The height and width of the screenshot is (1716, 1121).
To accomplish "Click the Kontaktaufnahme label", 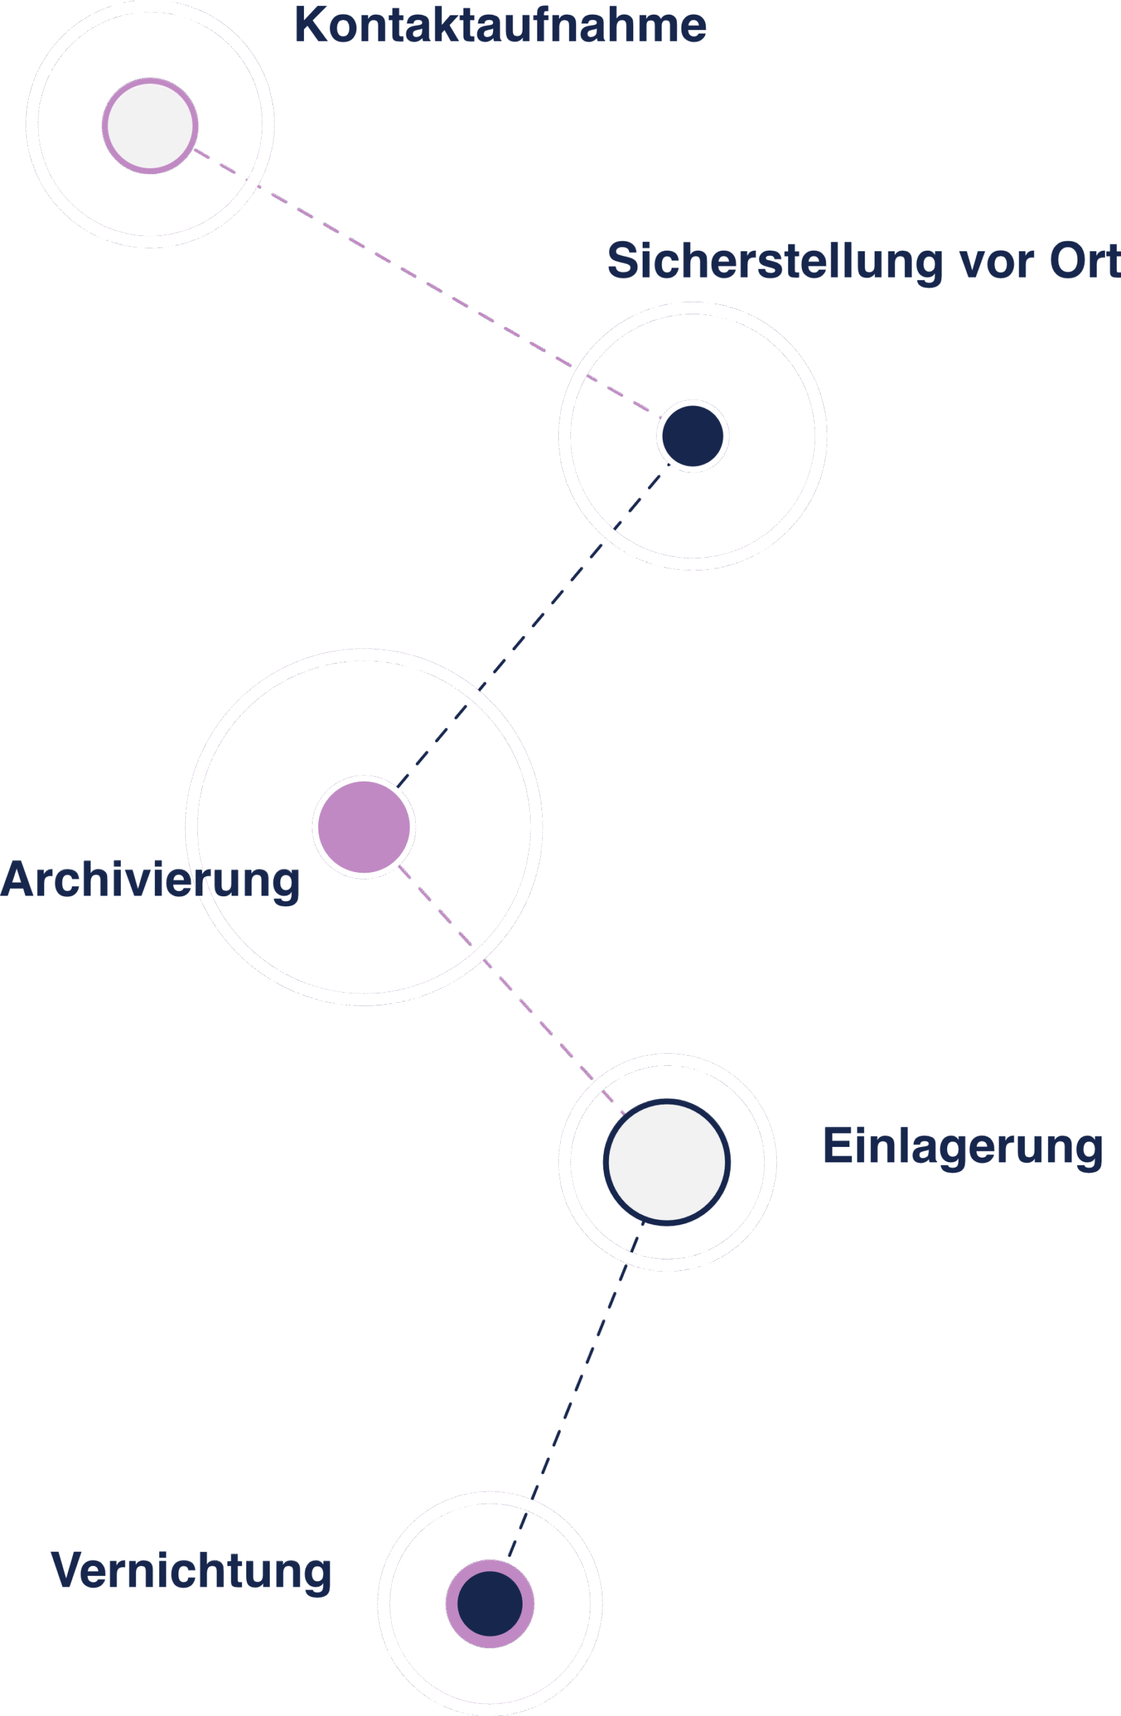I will coord(499,26).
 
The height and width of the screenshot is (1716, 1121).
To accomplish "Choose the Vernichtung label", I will coord(191,1571).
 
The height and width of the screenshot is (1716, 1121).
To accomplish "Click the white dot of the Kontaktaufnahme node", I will coord(150,125).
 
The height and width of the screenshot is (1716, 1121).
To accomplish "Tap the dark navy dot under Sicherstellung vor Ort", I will coord(692,436).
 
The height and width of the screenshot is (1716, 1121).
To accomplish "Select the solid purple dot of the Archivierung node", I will coord(364,827).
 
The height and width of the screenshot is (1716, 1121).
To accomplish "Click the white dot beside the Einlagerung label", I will coord(667,1162).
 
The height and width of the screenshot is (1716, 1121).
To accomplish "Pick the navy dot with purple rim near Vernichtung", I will coord(490,1603).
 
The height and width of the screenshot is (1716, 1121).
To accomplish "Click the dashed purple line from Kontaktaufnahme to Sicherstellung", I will coord(425,285).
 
